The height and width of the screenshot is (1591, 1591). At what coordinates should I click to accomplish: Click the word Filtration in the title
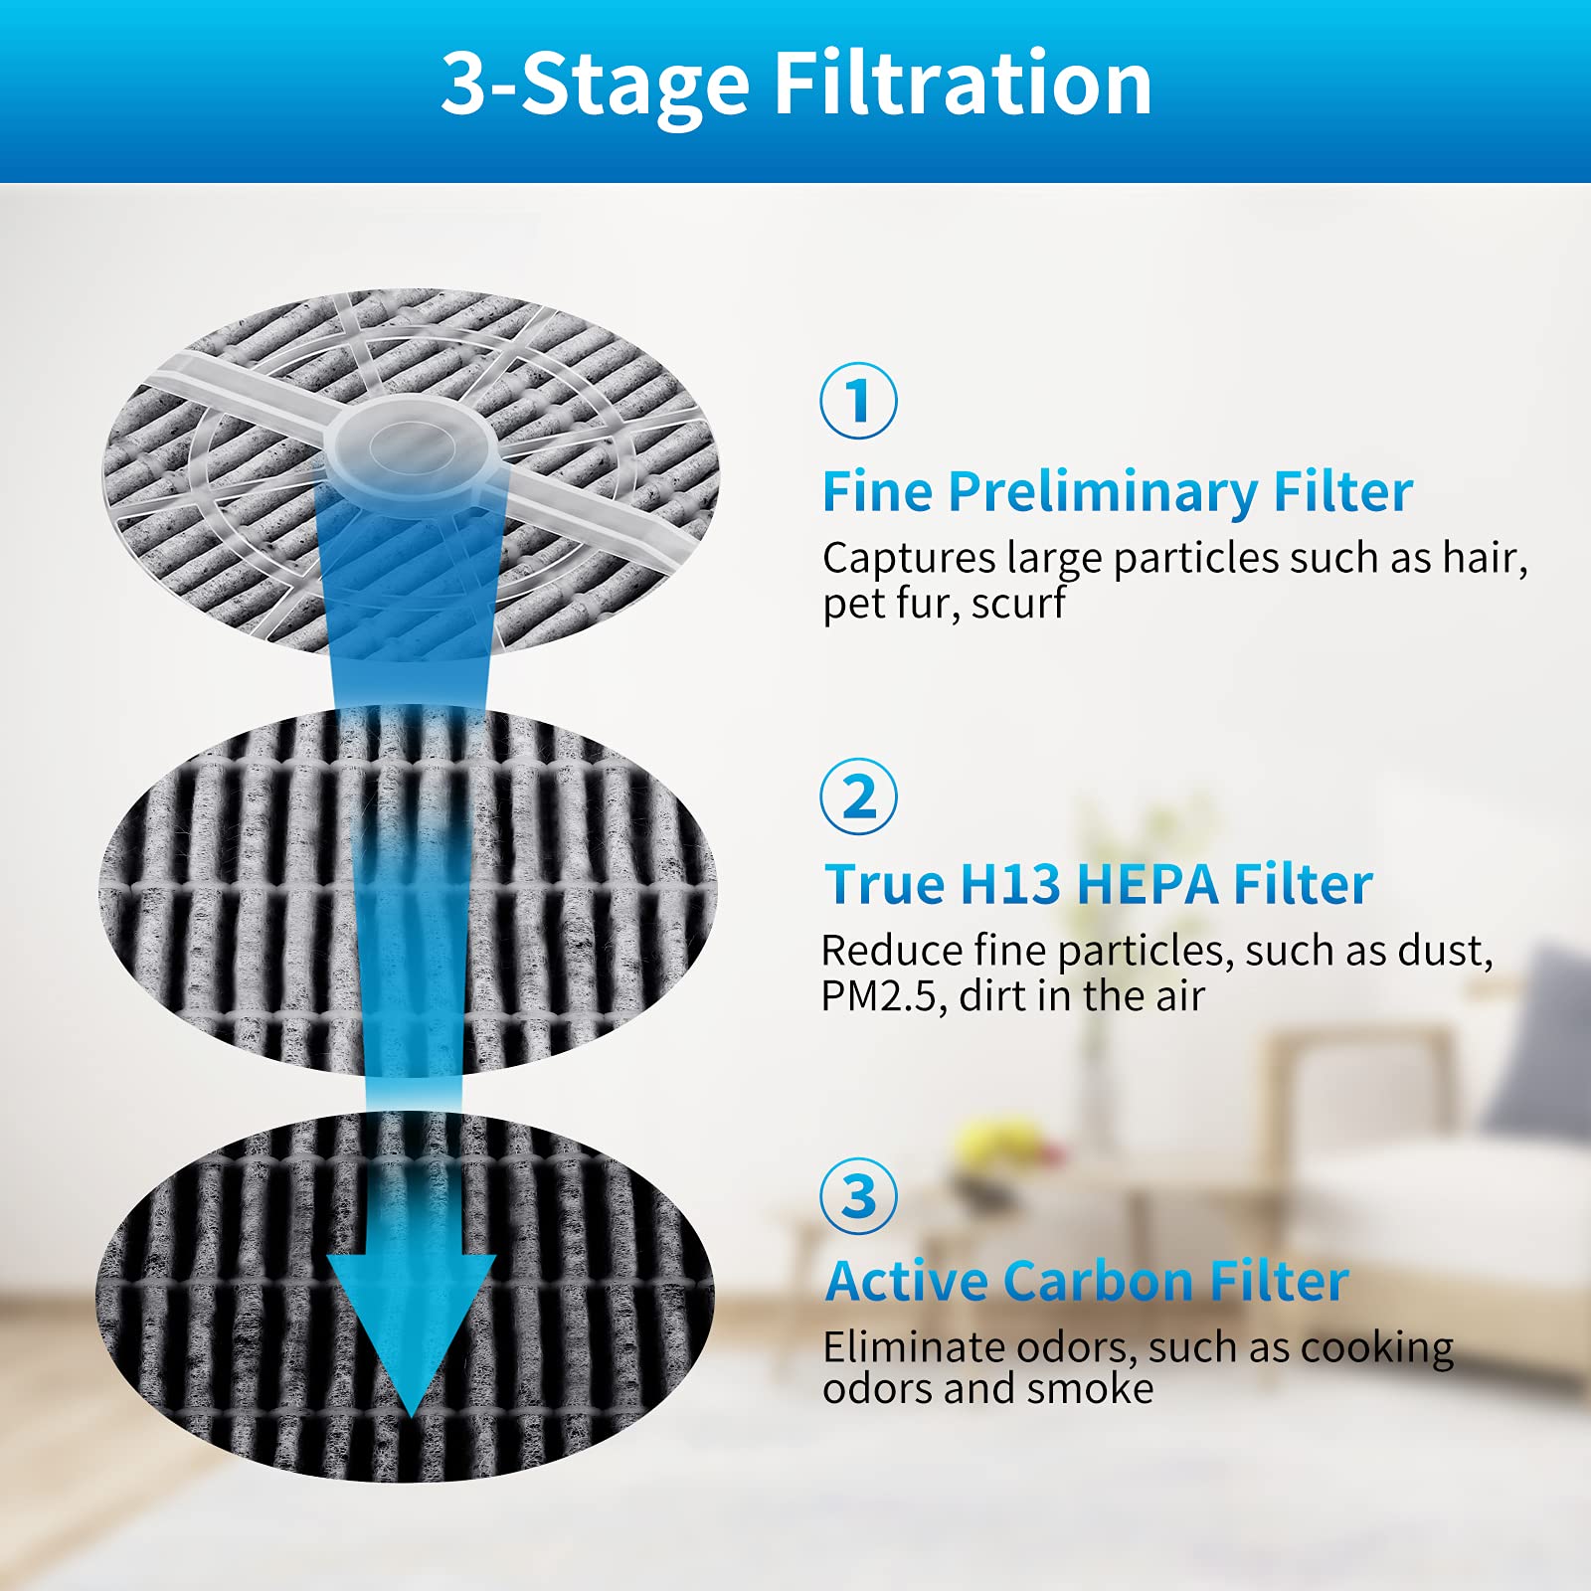point(963,84)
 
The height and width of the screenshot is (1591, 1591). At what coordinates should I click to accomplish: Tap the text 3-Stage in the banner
point(595,84)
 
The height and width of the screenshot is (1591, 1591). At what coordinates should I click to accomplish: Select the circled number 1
point(858,401)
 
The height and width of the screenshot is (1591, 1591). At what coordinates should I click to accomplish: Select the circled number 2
point(858,796)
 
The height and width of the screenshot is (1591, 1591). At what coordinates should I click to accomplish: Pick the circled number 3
point(858,1195)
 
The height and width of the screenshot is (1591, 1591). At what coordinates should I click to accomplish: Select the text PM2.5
point(879,996)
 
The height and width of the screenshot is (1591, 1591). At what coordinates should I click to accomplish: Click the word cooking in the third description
point(1376,1348)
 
